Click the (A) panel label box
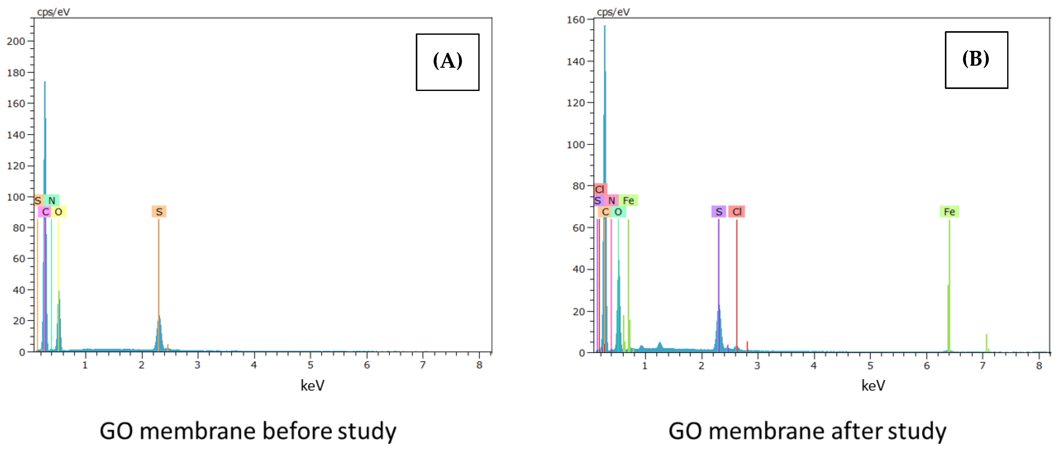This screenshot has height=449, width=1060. click(x=447, y=62)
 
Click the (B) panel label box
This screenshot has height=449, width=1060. click(x=976, y=60)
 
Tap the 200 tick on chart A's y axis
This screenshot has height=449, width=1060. click(x=16, y=41)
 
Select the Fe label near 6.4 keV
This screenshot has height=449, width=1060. click(x=949, y=212)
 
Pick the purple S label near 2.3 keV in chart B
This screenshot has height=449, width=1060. click(x=718, y=212)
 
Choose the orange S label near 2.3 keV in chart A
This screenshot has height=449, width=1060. click(x=159, y=212)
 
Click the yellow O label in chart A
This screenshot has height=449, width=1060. click(x=58, y=212)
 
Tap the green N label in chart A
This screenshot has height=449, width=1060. click(x=52, y=201)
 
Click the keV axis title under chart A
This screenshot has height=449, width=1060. click(x=312, y=386)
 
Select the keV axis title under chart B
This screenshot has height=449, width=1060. click(x=873, y=386)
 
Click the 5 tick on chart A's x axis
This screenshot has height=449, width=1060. click(x=310, y=365)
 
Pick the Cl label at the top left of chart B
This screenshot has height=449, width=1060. click(x=600, y=189)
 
